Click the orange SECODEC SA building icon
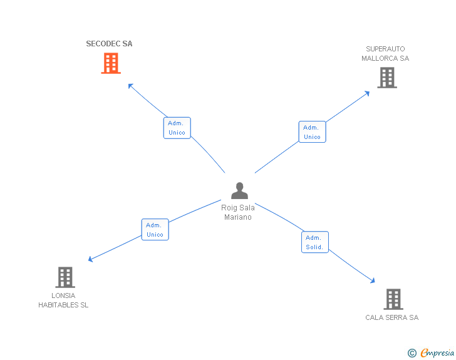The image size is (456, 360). coord(111,63)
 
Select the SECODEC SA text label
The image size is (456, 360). coord(110,44)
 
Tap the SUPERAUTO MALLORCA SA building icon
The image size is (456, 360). coord(387,78)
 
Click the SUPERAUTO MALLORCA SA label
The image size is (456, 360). coord(385,54)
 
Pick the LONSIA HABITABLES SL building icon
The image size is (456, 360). coord(65,277)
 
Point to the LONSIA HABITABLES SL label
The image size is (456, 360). coord(63,301)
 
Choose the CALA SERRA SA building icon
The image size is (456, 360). coord(393,299)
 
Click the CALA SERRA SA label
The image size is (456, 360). coord(392,317)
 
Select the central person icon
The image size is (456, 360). coord(239,190)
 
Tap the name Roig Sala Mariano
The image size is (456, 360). coord(238,212)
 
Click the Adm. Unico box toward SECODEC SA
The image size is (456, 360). coord(177,128)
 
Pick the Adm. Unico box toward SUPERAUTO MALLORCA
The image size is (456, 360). coord(312,131)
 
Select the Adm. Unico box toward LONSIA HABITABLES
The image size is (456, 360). coord(155,230)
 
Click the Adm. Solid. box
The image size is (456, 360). coord(314,242)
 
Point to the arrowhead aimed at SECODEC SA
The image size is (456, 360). coord(130,86)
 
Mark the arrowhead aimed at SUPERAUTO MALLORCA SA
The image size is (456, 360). coord(367,93)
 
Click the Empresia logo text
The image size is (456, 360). coord(437,353)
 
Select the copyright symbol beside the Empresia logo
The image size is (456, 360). coord(412,353)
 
